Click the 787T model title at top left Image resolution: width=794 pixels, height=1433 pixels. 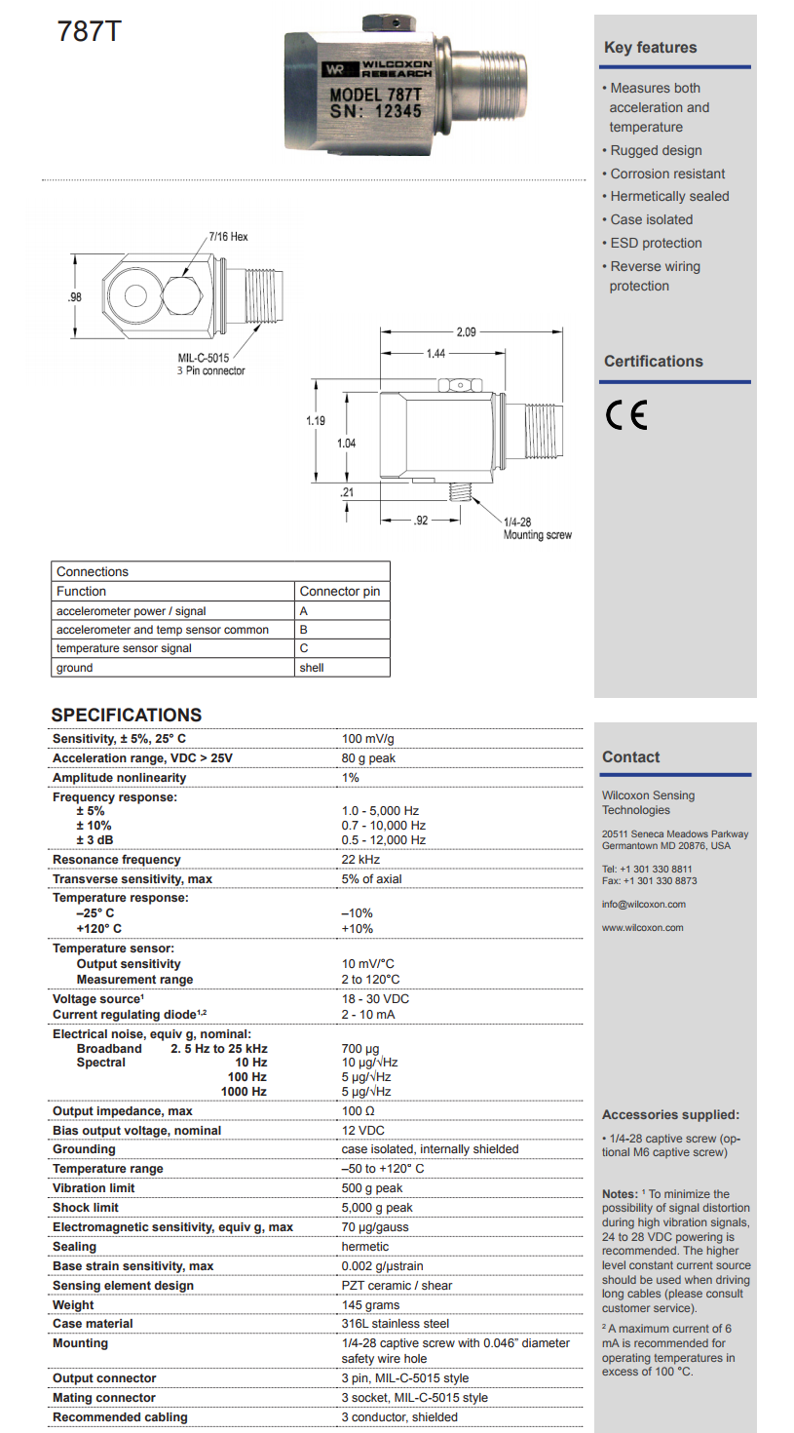(x=90, y=31)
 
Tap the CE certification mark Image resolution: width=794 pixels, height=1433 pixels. (x=625, y=416)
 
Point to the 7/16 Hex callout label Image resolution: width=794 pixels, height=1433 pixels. (x=228, y=237)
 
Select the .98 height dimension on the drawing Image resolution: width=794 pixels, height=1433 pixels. (x=74, y=296)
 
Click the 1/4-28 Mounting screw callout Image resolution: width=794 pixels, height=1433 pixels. (x=537, y=528)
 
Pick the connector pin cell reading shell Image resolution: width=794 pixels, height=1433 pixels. (x=312, y=668)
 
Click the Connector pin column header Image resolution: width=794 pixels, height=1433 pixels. (x=339, y=591)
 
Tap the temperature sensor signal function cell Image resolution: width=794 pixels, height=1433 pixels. (x=124, y=648)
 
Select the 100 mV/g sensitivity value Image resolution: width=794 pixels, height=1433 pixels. (x=368, y=739)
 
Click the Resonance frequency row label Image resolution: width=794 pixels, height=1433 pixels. (x=117, y=860)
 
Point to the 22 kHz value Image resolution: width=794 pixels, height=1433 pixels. (x=360, y=860)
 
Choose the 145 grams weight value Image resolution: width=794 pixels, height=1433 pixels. (x=370, y=1304)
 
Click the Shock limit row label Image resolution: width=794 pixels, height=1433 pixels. (x=86, y=1208)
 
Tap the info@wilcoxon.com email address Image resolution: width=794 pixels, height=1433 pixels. (x=643, y=905)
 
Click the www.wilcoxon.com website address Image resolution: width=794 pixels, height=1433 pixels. (x=643, y=928)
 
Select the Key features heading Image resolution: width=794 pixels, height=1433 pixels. (x=650, y=48)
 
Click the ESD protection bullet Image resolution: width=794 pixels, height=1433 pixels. (x=656, y=243)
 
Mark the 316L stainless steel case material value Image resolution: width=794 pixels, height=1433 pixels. (x=395, y=1324)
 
